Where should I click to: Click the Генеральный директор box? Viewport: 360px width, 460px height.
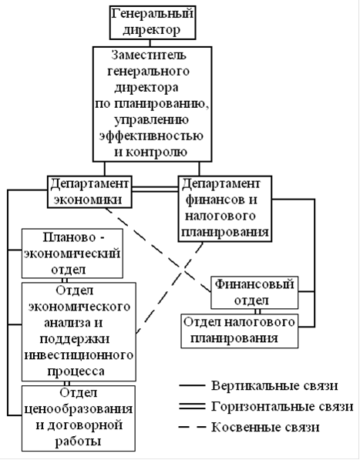[153, 22]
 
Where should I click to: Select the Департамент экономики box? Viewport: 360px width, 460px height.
[89, 192]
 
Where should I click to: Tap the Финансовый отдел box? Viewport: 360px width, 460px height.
[254, 293]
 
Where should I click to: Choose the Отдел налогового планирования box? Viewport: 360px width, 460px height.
[240, 331]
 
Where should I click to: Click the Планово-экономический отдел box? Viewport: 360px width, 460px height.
[72, 254]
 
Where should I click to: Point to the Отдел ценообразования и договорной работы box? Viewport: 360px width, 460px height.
[79, 418]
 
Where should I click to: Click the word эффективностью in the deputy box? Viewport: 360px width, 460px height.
[151, 136]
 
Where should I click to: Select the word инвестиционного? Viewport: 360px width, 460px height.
[79, 355]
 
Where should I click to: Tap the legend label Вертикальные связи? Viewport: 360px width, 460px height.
[274, 385]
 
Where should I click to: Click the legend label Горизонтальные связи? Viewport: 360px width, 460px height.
[282, 407]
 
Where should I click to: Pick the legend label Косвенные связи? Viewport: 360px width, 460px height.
[265, 427]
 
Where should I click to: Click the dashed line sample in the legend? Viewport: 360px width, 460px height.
[192, 427]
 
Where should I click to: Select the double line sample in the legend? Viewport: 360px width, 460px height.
[192, 407]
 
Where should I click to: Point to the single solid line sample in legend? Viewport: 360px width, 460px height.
[192, 385]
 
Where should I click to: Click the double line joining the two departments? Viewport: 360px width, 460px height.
[155, 189]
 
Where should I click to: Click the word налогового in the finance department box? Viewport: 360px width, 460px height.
[220, 216]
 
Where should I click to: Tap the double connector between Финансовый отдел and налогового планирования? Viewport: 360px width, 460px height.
[257, 311]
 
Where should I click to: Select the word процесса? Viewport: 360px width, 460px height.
[76, 371]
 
